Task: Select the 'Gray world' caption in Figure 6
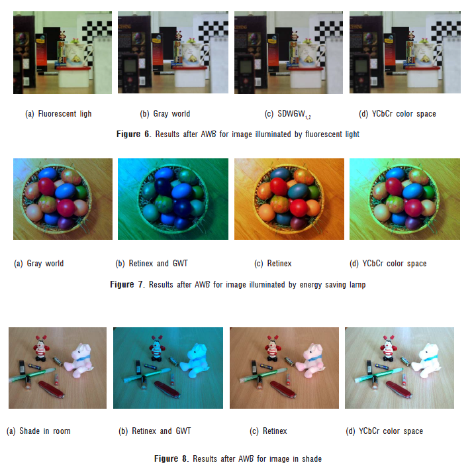(171, 114)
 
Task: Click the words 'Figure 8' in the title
(169, 458)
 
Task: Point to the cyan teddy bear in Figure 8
(196, 361)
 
